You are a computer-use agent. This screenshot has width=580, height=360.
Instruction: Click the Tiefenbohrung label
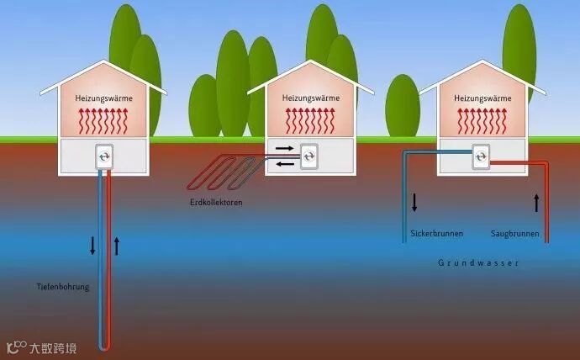[64, 287]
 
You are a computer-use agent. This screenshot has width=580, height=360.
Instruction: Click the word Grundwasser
[478, 263]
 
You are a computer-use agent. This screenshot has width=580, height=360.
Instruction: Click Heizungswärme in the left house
[104, 98]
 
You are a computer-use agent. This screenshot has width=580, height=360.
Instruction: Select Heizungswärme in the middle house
[310, 98]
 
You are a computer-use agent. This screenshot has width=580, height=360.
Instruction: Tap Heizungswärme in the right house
[482, 98]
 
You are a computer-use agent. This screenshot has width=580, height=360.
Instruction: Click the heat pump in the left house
[104, 156]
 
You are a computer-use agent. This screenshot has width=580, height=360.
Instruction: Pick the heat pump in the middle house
[309, 155]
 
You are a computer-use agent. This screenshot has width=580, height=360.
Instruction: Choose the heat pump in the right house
[482, 155]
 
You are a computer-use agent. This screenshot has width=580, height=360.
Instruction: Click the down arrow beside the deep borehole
[93, 246]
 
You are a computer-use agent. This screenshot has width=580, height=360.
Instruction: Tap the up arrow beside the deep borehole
[117, 246]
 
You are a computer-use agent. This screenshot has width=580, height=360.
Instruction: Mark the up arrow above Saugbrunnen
[535, 203]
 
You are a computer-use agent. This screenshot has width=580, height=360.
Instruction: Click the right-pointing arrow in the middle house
[284, 148]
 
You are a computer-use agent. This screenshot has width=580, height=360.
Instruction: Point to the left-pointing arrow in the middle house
[284, 163]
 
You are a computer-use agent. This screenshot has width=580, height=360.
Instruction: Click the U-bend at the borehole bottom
[104, 347]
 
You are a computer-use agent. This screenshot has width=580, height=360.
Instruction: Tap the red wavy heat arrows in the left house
[104, 121]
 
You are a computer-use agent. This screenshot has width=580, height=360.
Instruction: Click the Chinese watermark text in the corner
[52, 347]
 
